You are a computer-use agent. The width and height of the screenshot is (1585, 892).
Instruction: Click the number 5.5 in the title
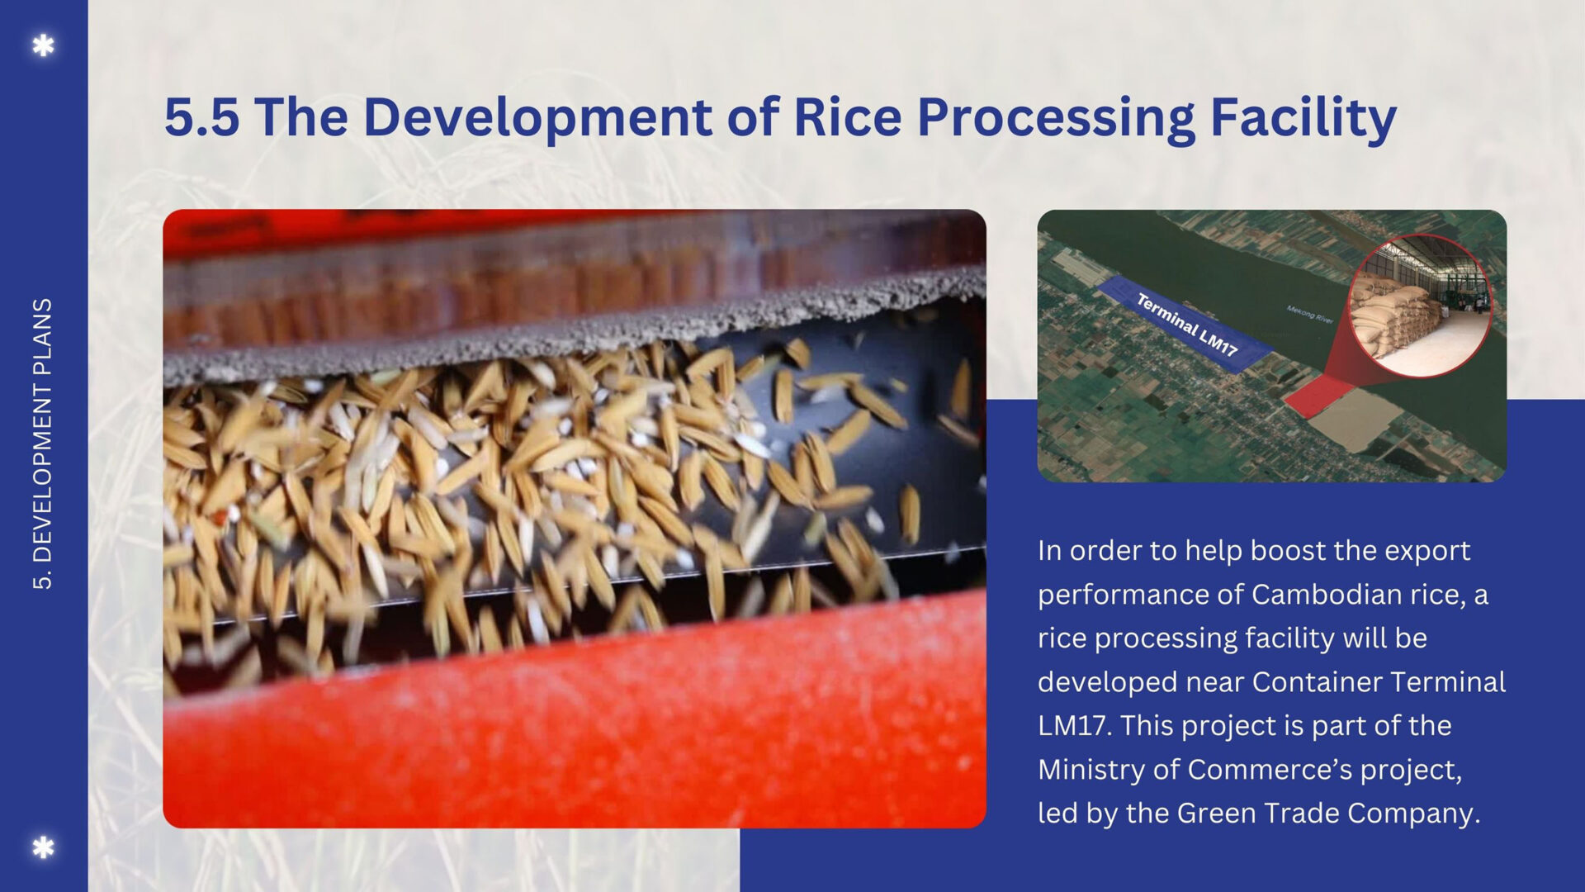pos(202,116)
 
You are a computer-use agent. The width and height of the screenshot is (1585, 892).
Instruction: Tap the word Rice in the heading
pos(847,116)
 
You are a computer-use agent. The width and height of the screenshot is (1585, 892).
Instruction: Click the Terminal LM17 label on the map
pos(1187,325)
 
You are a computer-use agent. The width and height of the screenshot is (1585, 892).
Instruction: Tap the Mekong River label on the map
pos(1310,314)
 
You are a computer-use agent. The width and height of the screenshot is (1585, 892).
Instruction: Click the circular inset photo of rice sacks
pos(1420,306)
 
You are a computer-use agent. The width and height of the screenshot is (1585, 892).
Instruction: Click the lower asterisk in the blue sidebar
pos(43,847)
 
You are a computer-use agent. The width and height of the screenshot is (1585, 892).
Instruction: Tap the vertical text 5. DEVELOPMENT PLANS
pos(42,444)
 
